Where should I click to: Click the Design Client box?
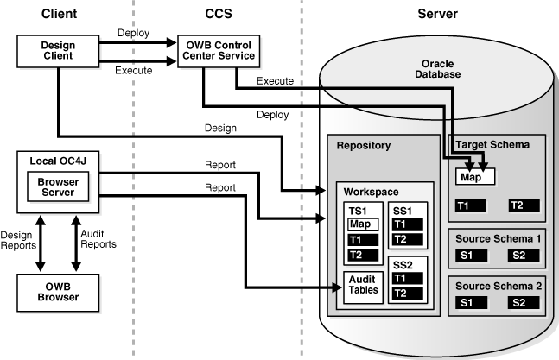coord(57,51)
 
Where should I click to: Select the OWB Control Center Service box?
coord(216,51)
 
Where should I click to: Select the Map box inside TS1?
coord(363,224)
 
